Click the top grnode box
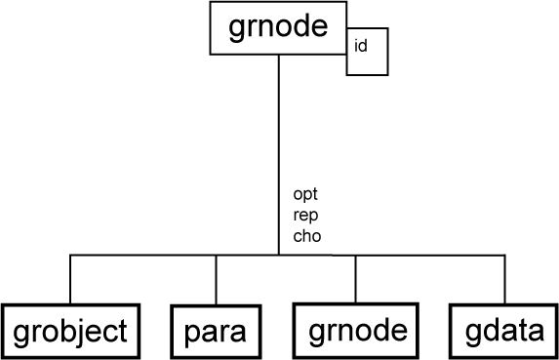278,28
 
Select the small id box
368,50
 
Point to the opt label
305,194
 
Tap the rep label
305,215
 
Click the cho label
306,235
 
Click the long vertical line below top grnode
279,146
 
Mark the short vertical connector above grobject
70,280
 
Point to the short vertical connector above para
216,281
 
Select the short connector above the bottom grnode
355,280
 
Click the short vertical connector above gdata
504,280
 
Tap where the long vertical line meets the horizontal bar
279,257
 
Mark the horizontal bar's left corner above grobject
70,257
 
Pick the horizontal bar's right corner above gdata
504,257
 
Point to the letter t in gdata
522,332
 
